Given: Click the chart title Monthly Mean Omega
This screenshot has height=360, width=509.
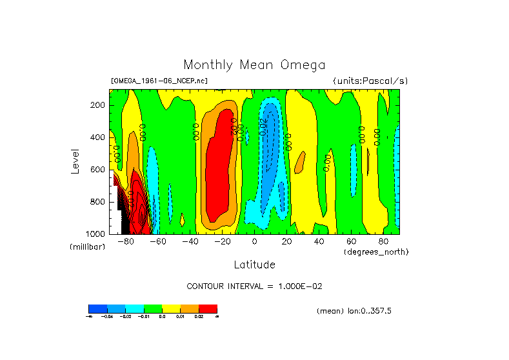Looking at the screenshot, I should (254, 65).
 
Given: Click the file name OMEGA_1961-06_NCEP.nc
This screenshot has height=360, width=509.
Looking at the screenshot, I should (159, 81).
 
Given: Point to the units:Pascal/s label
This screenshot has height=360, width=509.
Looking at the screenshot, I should (370, 81).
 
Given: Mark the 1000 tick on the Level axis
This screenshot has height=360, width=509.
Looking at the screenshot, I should (96, 234).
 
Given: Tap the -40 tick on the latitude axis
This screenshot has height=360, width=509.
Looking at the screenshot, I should (190, 242).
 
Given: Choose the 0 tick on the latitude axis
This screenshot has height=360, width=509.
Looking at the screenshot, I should (254, 242).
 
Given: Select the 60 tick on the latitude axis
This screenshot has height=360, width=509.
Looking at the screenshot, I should (351, 242).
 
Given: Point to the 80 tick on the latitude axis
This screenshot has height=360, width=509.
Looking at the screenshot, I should (383, 242).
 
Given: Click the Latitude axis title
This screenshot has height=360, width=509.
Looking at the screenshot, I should (254, 265).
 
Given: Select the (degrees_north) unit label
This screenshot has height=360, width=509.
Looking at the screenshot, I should (376, 252).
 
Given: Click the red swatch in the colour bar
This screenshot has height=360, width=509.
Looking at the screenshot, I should (208, 308).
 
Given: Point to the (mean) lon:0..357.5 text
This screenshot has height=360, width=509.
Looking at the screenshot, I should (354, 311).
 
